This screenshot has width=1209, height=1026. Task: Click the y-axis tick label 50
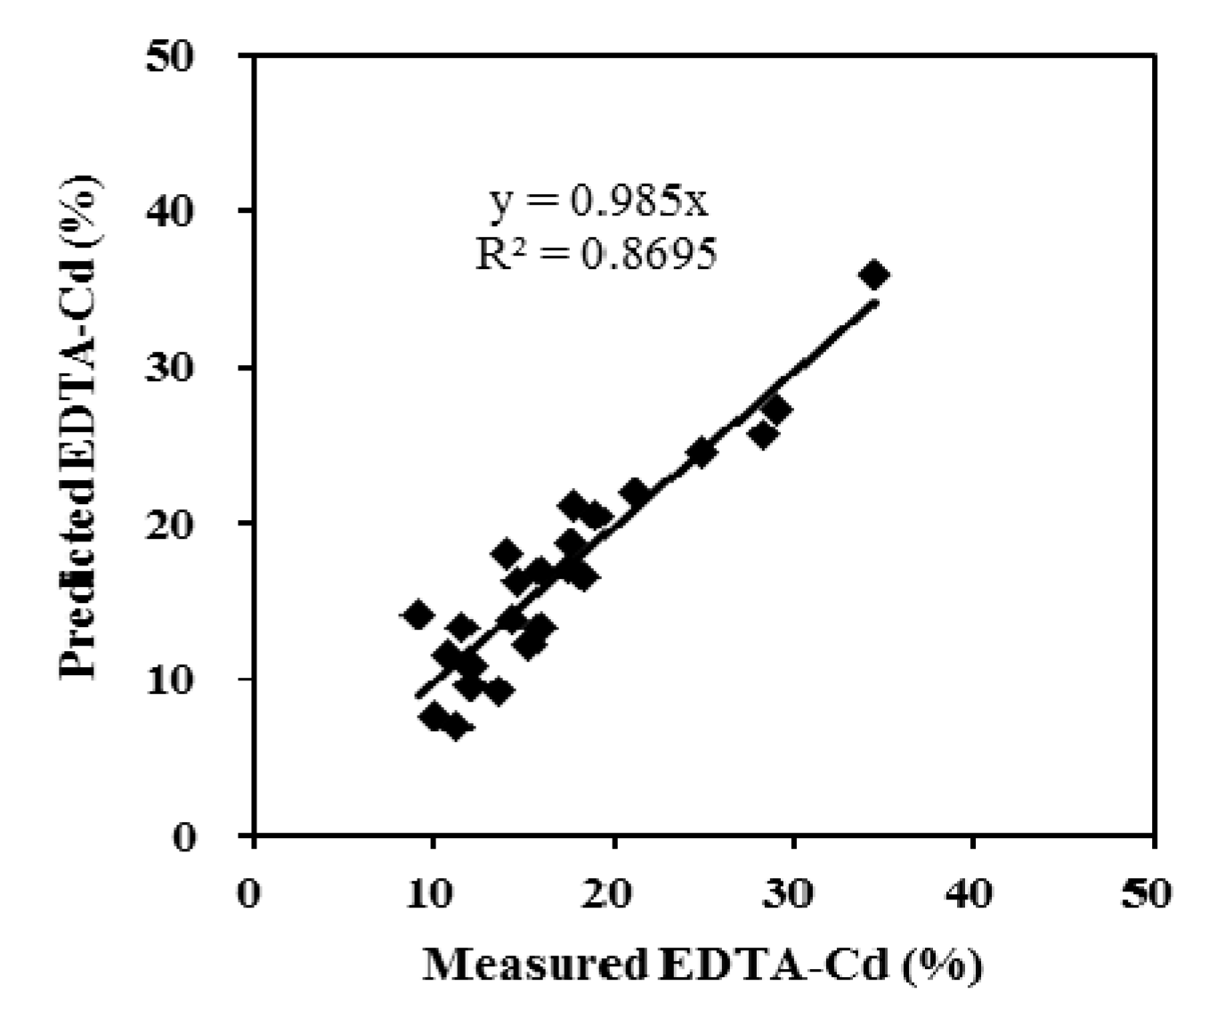pos(191,55)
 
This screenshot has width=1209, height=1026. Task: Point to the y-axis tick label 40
pos(191,211)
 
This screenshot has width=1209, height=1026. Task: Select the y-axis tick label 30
pos(191,367)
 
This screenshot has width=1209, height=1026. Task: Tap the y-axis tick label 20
pos(191,523)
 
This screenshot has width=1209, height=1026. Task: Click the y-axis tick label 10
pos(191,679)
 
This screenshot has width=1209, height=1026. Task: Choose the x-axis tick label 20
pos(613,893)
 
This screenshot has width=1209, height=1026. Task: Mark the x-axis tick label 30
pos(792,893)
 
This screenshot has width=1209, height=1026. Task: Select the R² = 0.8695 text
pos(596,255)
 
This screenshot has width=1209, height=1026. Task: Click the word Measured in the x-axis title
pos(535,965)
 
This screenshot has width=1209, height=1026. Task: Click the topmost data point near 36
pos(874,274)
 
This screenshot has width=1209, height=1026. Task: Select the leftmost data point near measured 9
pos(418,615)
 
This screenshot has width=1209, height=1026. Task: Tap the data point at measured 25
pos(702,452)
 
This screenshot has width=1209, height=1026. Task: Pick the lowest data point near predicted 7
pos(455,727)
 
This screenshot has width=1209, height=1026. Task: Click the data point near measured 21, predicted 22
pos(635,493)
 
